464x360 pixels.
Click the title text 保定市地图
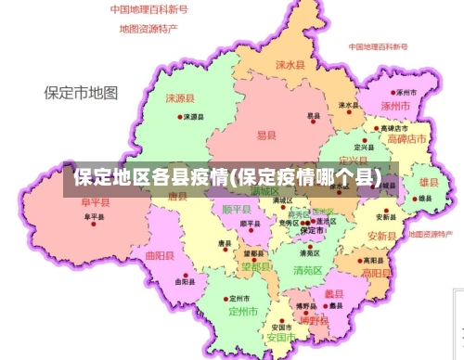(x=82, y=93)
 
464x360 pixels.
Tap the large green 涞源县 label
(x=180, y=97)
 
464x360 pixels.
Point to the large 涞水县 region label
(x=290, y=65)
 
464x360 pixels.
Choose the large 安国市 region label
(x=281, y=338)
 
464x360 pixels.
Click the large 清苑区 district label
(x=307, y=270)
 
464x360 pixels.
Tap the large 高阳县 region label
(x=376, y=274)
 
